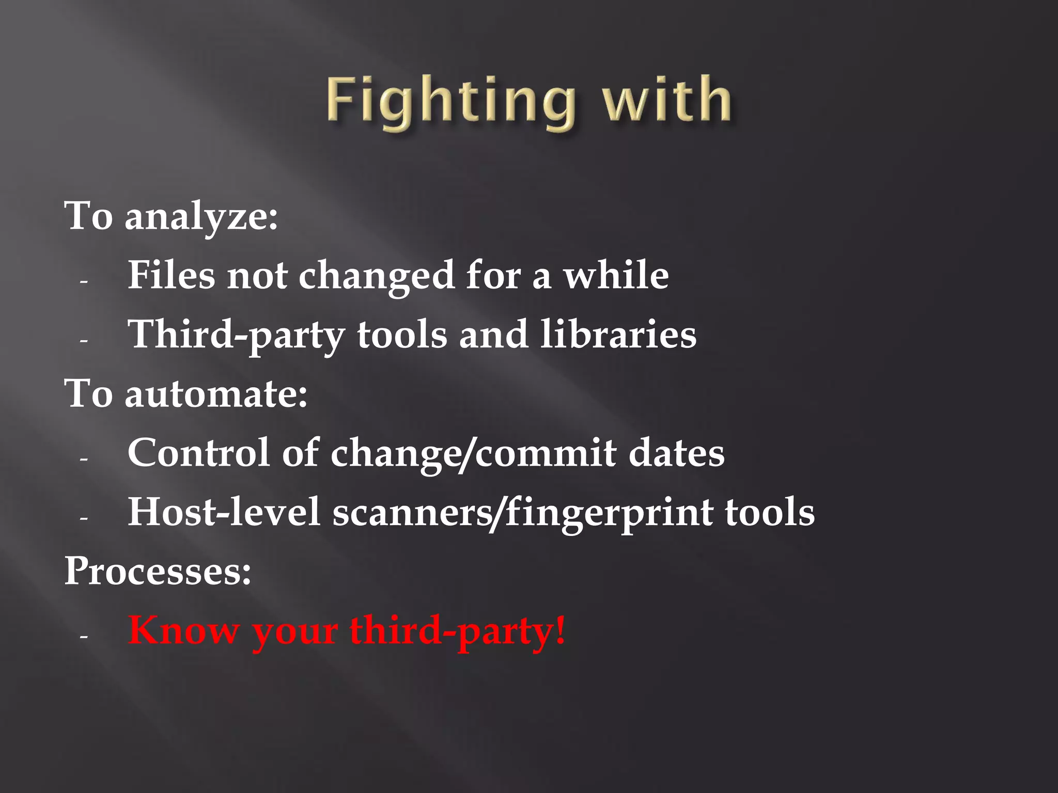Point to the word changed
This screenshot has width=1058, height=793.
point(377,277)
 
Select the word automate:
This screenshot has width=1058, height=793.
point(216,394)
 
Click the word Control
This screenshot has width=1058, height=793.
point(198,453)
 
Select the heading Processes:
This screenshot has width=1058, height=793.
point(158,572)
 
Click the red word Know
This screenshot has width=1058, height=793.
point(183,630)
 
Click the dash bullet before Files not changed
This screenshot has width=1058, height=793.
point(84,282)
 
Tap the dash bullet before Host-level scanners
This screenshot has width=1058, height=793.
point(84,518)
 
